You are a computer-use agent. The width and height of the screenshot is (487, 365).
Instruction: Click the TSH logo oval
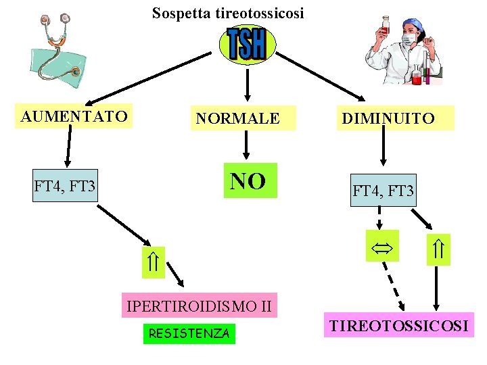point(246,45)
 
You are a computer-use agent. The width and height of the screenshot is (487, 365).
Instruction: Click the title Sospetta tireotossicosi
point(228,13)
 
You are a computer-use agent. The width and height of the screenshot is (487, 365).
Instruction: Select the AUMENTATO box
point(74,116)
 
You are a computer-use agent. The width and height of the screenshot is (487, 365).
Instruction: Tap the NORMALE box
point(237,119)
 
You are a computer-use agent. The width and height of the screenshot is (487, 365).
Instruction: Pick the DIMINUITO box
point(388,119)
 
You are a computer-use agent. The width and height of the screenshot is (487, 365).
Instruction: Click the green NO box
point(250,180)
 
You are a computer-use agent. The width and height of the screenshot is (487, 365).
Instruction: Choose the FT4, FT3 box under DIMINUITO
point(383,191)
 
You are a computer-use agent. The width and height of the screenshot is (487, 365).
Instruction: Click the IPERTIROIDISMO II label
point(200,307)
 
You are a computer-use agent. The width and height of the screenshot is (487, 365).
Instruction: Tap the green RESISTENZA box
point(189,333)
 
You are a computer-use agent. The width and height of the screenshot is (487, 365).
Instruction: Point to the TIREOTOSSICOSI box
point(398,326)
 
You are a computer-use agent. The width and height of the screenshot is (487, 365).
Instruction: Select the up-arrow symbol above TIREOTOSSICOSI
point(438,250)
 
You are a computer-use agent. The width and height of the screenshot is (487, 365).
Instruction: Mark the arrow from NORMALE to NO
point(246,144)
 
